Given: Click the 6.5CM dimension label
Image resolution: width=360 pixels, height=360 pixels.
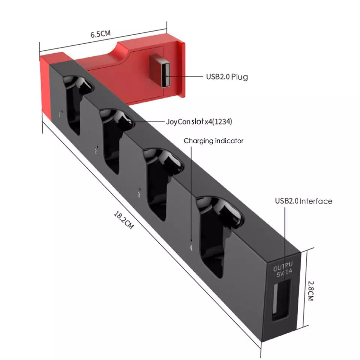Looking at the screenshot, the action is coord(100,34).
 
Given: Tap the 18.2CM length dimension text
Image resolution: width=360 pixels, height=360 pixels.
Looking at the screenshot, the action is coord(124,220).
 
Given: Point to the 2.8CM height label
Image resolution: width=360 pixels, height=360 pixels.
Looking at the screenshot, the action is coord(310,291).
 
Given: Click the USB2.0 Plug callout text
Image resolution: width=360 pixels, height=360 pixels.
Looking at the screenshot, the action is coord(227,76).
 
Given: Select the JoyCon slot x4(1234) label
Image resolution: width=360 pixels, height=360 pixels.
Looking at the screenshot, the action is coord(199,121).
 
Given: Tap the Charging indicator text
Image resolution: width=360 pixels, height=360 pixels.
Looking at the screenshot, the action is coord(213,141).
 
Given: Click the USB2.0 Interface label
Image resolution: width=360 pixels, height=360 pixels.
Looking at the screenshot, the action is coord(303,201).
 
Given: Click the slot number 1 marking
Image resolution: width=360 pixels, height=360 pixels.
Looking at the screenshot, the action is coord(60,114).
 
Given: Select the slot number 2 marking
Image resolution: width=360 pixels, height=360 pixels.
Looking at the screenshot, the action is coord(96,151).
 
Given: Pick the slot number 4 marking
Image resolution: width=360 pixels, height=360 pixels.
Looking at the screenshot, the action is coord(191,248).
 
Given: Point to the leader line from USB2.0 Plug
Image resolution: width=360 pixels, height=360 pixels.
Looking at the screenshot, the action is coord(184,76).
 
